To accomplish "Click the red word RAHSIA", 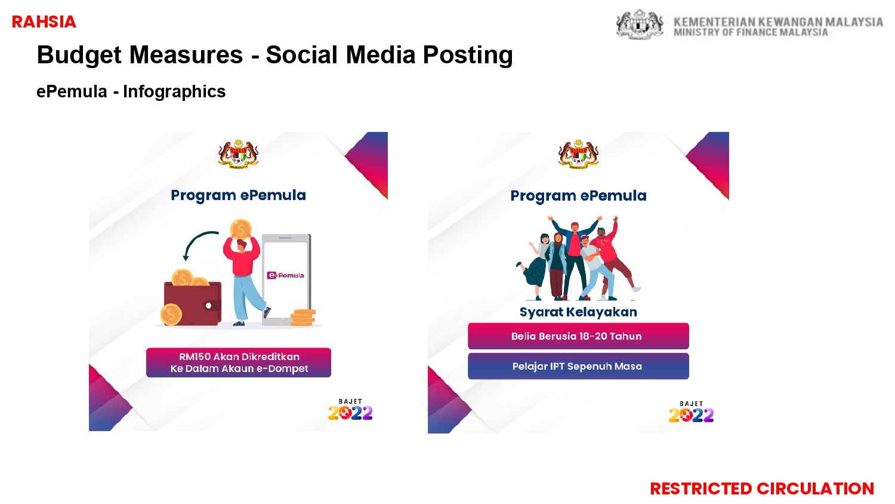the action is [44, 22].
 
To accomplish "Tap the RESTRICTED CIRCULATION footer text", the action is [762, 489].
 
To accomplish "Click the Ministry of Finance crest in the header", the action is [640, 24].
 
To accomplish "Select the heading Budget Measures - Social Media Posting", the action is [275, 55].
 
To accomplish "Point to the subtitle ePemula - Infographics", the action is [131, 91].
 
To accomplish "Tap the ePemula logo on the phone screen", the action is [285, 275].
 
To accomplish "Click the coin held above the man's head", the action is [240, 230].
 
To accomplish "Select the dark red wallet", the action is [193, 303].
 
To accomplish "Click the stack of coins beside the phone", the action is [303, 318].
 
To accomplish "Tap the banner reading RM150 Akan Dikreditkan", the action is [239, 362].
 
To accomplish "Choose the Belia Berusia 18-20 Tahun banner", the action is [578, 336].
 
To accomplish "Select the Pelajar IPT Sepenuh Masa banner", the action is [578, 366].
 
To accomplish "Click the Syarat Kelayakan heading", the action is [578, 312].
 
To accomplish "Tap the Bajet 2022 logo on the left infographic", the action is [350, 410].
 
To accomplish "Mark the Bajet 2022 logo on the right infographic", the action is [691, 411].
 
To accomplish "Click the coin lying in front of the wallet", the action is [171, 314].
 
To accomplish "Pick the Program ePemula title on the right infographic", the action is [578, 196].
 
